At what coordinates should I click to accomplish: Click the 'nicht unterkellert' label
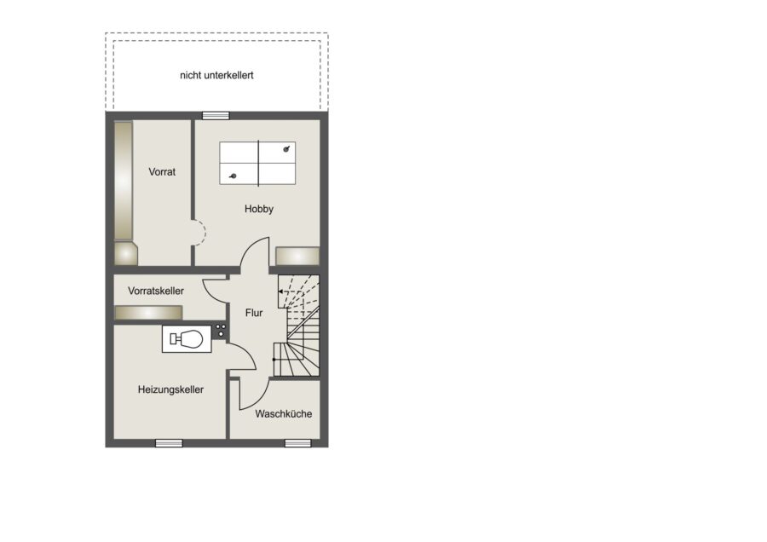216,75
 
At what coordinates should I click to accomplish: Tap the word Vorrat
162,171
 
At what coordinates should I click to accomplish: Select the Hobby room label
259,209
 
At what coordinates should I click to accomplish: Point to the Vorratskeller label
156,291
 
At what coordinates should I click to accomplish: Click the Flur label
254,313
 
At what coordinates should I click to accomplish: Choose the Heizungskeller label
170,389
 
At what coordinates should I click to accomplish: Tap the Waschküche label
284,414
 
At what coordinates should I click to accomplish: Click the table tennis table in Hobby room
257,164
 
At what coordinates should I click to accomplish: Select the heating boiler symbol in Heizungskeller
187,338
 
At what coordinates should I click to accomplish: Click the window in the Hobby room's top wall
216,116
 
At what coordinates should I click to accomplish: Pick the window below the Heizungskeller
169,443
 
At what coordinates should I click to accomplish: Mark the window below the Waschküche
298,443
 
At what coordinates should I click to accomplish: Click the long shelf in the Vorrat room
124,181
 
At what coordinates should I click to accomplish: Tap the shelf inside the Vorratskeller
148,313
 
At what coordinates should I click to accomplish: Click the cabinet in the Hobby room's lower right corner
297,257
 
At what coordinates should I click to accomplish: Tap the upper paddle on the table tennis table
286,149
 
